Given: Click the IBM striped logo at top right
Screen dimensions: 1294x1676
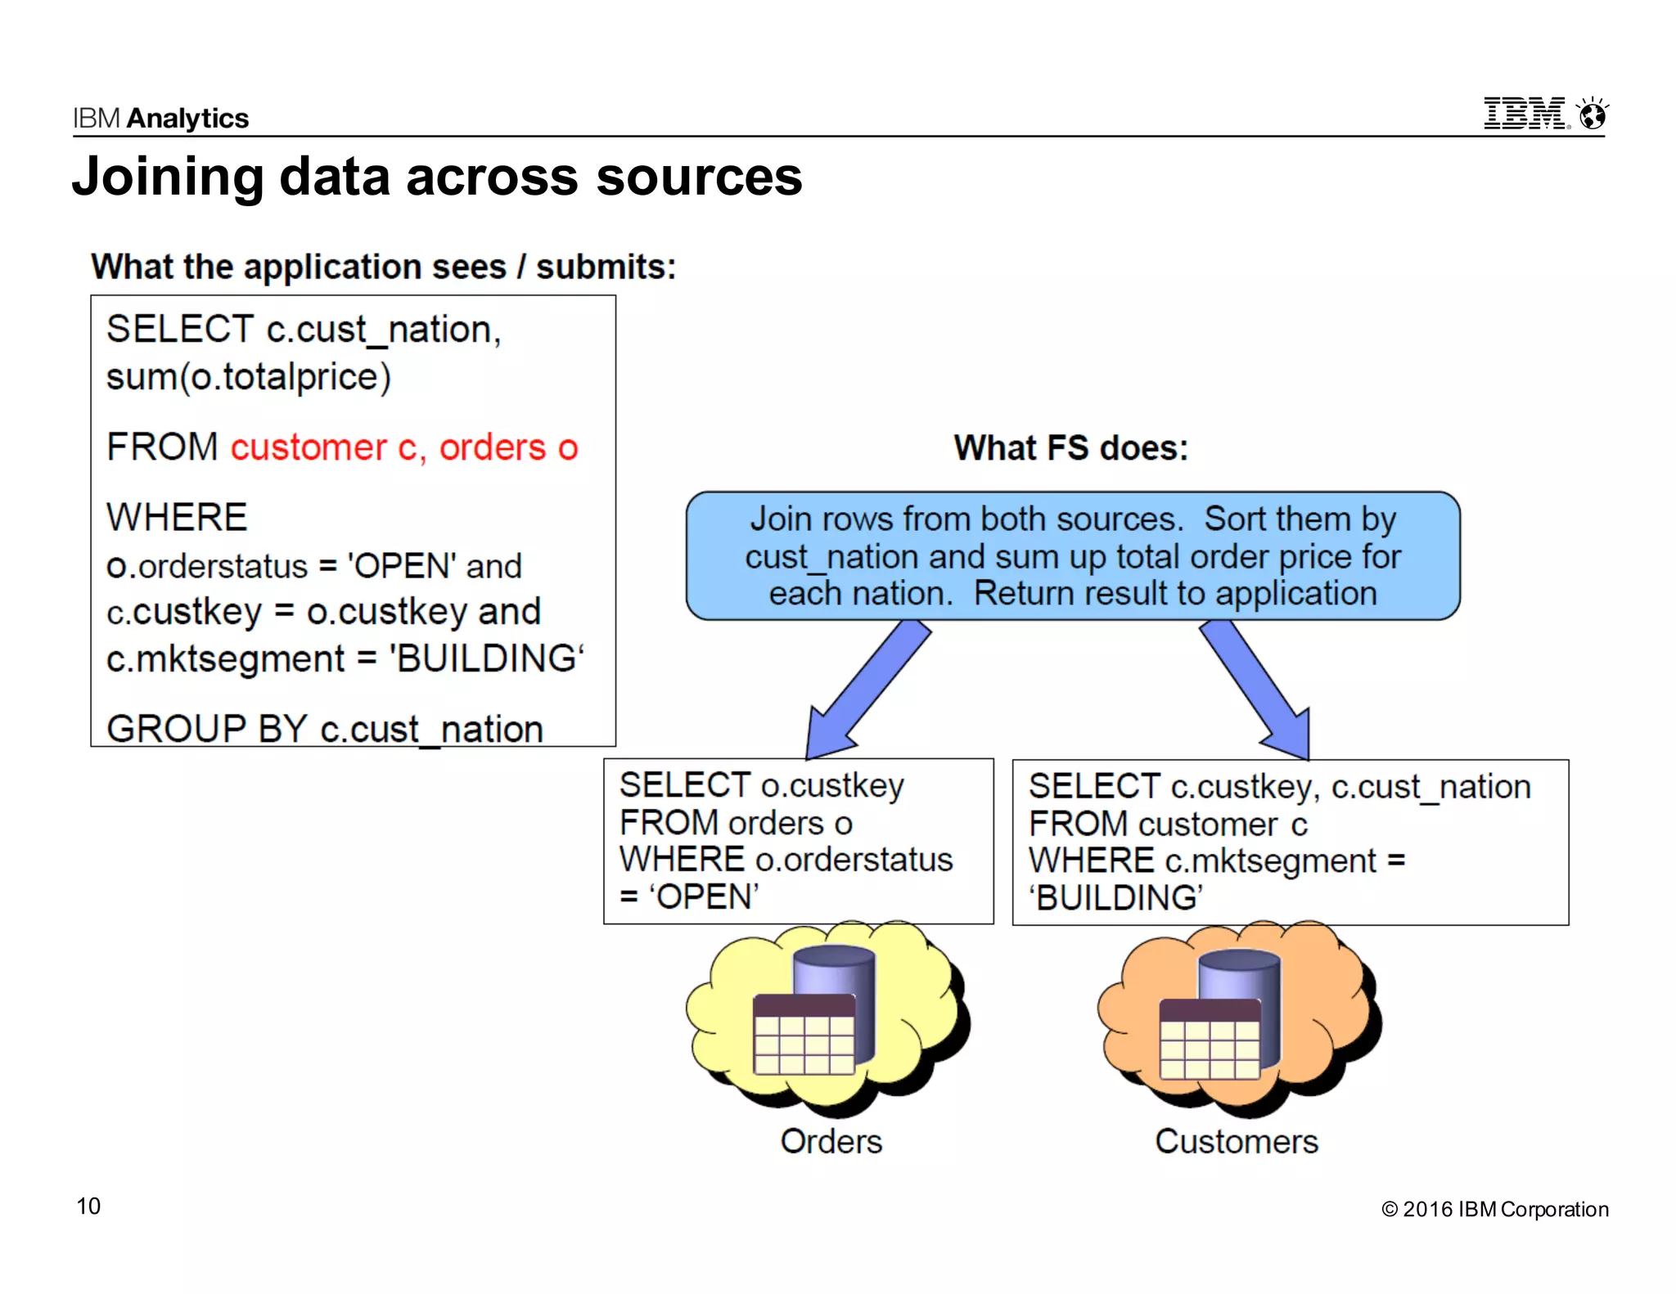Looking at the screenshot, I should point(1525,114).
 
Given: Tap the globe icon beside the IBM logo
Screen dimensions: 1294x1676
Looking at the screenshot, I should point(1592,115).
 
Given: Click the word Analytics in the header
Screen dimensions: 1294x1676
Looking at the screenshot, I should point(188,119).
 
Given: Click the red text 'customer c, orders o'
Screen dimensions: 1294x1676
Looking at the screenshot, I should point(403,447).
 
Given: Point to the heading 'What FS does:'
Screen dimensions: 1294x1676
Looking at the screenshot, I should point(1070,448).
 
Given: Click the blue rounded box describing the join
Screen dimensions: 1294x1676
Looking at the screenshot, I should point(1072,556).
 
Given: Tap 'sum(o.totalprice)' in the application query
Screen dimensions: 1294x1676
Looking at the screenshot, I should point(249,377).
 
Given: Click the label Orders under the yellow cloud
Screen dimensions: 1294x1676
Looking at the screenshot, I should point(831,1141).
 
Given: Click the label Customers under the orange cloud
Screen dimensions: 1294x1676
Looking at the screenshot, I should point(1236,1141).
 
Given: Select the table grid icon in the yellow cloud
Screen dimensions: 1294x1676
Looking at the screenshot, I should point(803,1035).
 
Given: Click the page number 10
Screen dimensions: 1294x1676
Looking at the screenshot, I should point(88,1206).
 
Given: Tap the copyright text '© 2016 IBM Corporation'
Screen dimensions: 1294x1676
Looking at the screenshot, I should point(1494,1209).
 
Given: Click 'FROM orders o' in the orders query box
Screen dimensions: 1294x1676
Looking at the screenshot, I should point(735,823).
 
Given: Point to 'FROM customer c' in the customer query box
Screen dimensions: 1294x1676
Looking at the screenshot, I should point(1167,824).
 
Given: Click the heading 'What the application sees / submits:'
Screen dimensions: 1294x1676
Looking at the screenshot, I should point(383,267).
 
